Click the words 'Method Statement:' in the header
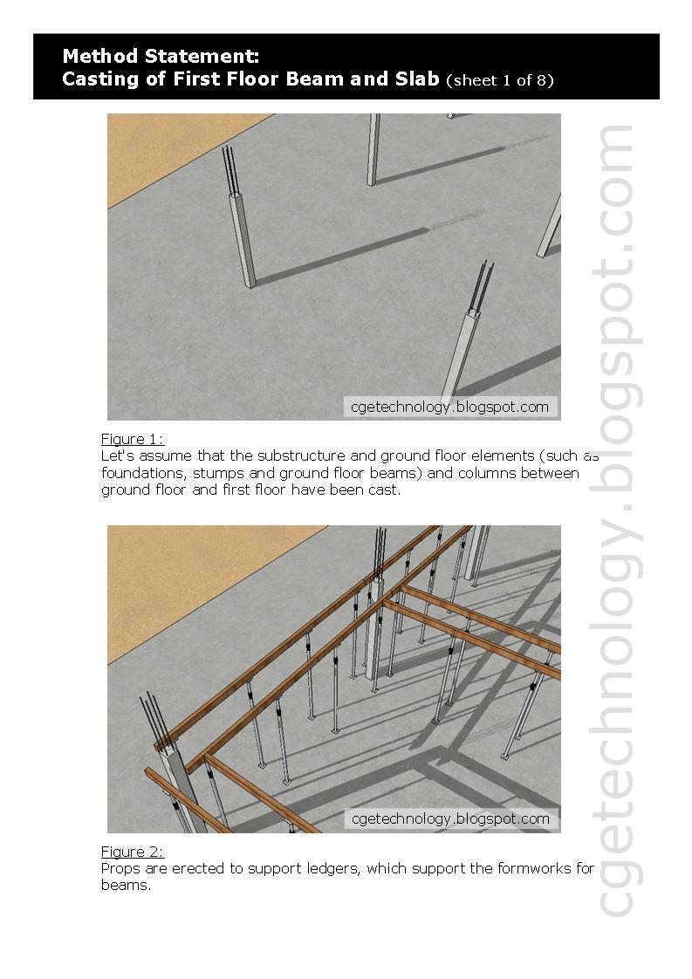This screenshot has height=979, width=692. click(x=160, y=57)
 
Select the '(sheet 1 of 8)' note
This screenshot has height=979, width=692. click(x=499, y=81)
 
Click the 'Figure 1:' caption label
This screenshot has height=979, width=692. click(x=132, y=439)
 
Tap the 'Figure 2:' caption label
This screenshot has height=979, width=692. click(x=132, y=852)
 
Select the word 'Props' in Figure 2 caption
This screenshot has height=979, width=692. click(x=120, y=869)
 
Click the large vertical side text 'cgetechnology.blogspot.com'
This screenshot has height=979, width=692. click(x=616, y=520)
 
